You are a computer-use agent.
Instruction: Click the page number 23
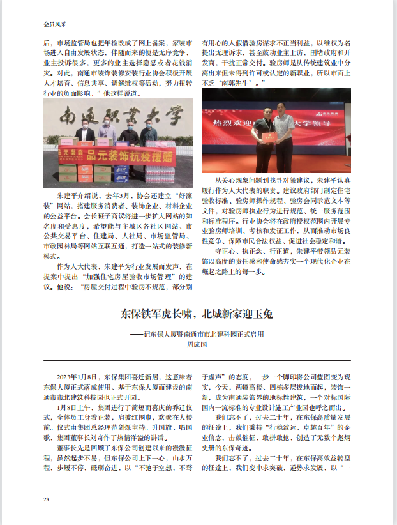[x=45, y=499]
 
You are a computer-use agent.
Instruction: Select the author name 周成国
[x=198, y=344]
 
